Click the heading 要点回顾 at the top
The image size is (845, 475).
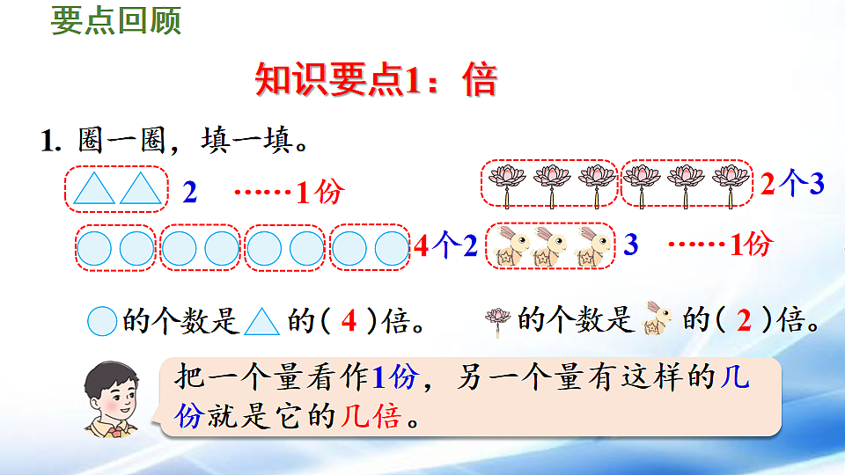click(116, 22)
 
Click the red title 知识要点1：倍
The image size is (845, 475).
click(376, 80)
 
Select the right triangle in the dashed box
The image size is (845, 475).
click(140, 189)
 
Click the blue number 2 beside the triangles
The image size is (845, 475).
click(189, 192)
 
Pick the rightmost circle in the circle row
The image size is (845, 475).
click(392, 249)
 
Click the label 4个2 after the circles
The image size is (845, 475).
click(445, 247)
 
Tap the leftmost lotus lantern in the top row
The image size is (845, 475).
click(507, 182)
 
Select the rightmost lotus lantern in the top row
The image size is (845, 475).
click(730, 182)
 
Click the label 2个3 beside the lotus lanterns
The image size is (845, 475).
click(791, 184)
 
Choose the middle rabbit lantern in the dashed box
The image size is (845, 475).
click(548, 245)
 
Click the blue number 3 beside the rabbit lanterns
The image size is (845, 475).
click(630, 245)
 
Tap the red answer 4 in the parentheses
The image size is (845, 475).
click(349, 322)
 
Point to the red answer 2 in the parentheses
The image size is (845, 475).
click(744, 322)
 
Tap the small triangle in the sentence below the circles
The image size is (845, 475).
click(261, 322)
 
